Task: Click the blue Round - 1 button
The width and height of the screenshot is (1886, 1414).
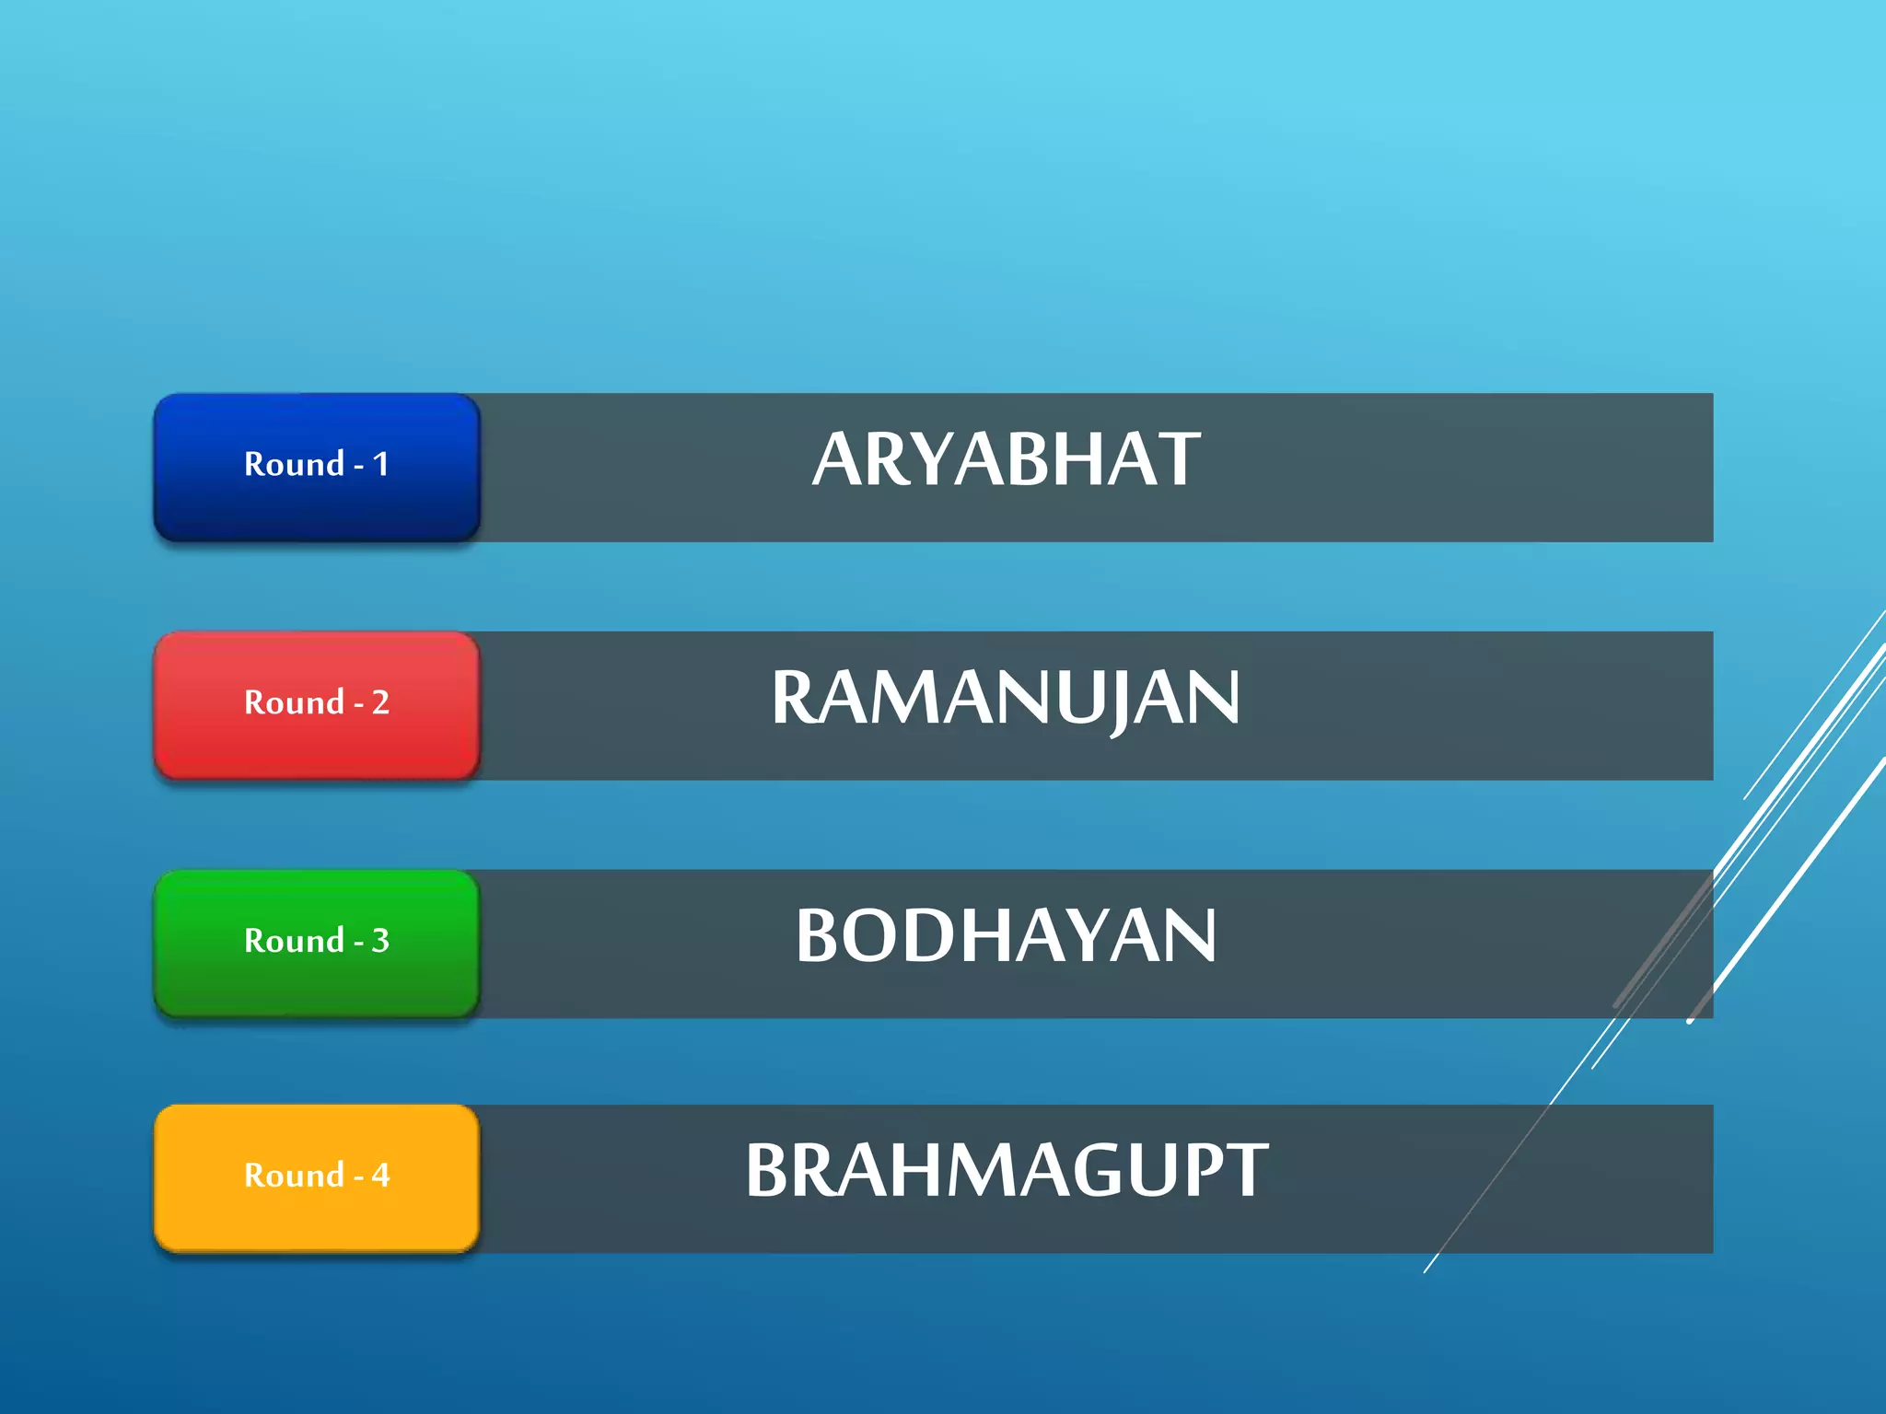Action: [316, 467]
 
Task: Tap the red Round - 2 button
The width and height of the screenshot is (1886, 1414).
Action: [316, 705]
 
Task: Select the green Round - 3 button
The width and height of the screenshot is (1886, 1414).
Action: [316, 944]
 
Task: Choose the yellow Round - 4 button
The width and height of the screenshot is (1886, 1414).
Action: [316, 1178]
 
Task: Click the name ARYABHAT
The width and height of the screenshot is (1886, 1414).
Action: [1006, 459]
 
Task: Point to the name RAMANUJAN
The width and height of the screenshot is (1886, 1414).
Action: [1006, 698]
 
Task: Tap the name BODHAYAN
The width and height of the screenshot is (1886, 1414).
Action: [1006, 936]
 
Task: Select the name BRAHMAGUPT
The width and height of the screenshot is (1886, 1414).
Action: [1006, 1171]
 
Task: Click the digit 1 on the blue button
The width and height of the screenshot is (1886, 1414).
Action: [380, 464]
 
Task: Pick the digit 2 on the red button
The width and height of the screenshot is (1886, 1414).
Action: [380, 702]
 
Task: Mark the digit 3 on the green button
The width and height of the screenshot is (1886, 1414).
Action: [380, 941]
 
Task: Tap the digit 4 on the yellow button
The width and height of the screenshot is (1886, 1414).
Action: [380, 1176]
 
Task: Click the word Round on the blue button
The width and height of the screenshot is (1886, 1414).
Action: [294, 464]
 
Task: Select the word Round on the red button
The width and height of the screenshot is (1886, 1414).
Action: [294, 702]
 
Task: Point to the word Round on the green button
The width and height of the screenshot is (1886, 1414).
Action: [294, 941]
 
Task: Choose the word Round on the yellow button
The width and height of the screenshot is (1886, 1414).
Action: [294, 1176]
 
